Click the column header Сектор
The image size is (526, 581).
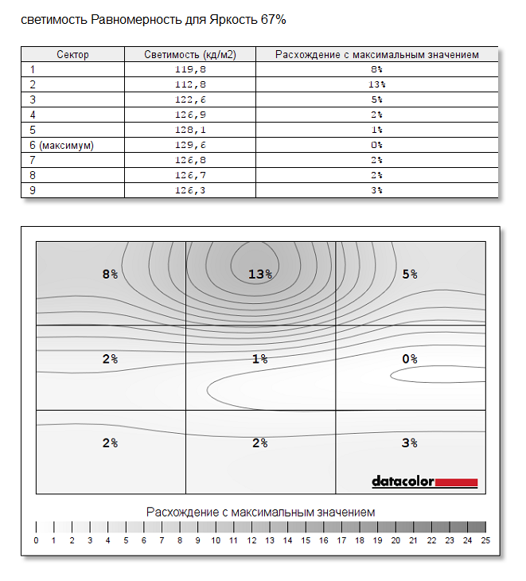pyautogui.click(x=72, y=55)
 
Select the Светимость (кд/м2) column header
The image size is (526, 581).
pyautogui.click(x=189, y=55)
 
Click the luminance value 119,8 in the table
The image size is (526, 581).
pyautogui.click(x=189, y=69)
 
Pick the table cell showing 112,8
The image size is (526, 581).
pyautogui.click(x=189, y=84)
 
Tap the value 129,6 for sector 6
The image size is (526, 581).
pyautogui.click(x=189, y=145)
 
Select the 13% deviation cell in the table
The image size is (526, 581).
pyautogui.click(x=377, y=84)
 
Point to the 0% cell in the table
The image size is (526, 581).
pyautogui.click(x=377, y=145)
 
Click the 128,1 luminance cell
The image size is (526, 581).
pyautogui.click(x=189, y=130)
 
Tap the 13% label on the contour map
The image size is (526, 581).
pyautogui.click(x=260, y=275)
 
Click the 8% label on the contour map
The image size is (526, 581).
pyautogui.click(x=110, y=275)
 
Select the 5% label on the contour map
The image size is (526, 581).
pyautogui.click(x=409, y=275)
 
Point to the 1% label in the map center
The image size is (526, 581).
pyautogui.click(x=260, y=359)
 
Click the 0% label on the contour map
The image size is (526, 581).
pyautogui.click(x=409, y=359)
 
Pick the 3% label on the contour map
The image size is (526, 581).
pyautogui.click(x=409, y=443)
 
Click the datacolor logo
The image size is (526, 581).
pyautogui.click(x=424, y=482)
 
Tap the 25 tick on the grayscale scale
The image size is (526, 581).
pyautogui.click(x=485, y=540)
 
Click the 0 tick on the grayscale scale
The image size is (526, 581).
pyautogui.click(x=36, y=540)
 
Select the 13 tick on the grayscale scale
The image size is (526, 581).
pyautogui.click(x=270, y=540)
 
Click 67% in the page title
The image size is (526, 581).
pyautogui.click(x=272, y=20)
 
